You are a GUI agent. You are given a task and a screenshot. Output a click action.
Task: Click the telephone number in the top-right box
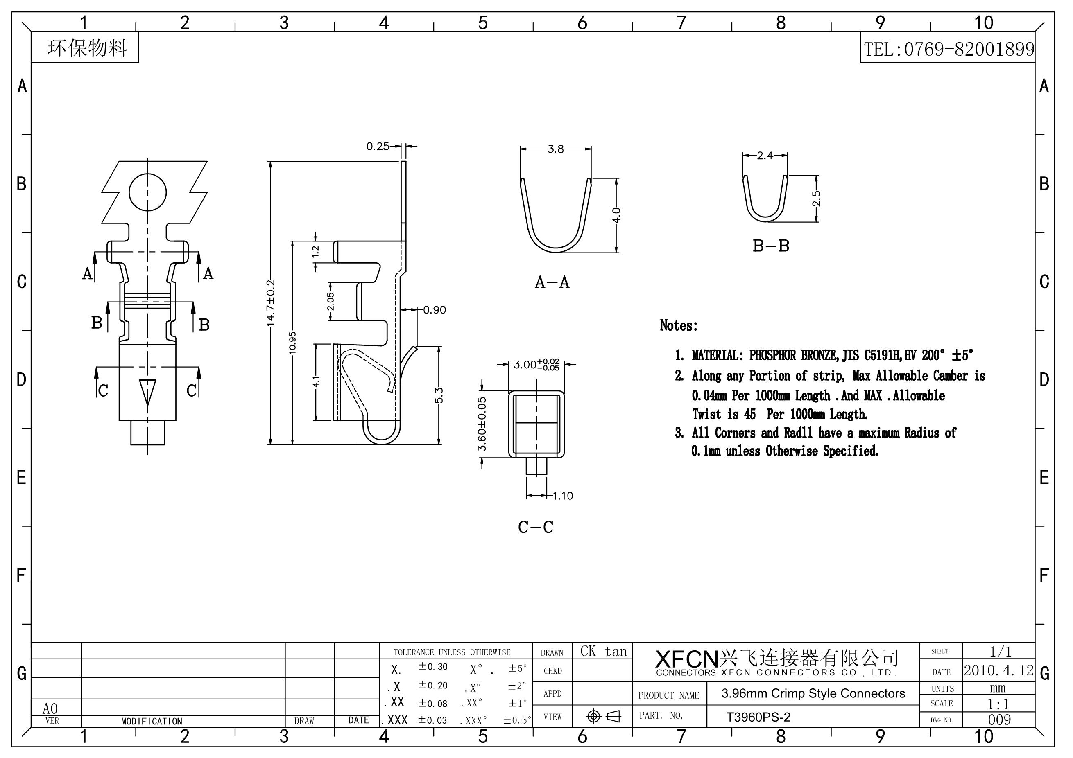[x=948, y=49]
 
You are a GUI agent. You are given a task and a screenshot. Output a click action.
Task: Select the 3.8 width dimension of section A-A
[x=556, y=149]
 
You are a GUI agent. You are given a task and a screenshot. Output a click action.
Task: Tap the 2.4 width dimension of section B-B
[x=765, y=156]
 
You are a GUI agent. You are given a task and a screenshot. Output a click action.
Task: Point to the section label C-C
[x=536, y=527]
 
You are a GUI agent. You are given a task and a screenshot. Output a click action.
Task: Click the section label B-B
[x=771, y=246]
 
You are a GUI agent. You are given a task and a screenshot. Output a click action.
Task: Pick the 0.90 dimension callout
[x=435, y=310]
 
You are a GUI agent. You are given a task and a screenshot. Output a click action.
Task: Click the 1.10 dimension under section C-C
[x=563, y=496]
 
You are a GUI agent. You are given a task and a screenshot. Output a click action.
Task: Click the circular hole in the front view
[x=148, y=192]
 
